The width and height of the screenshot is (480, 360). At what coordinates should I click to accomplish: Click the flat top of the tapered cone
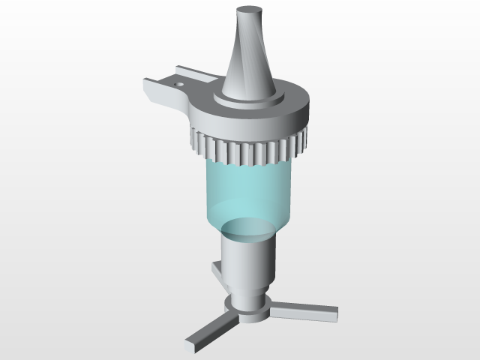click(250, 12)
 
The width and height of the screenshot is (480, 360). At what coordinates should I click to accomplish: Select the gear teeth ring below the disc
click(247, 150)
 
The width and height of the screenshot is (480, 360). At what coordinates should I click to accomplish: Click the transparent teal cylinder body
click(247, 191)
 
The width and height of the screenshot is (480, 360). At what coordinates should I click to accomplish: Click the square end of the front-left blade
click(190, 345)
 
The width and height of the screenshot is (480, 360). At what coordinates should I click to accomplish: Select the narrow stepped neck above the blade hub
click(248, 295)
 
